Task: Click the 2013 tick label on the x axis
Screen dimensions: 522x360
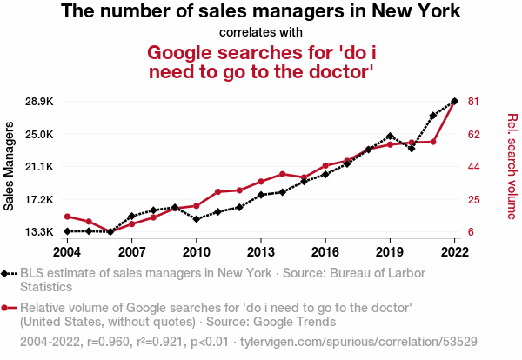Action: (x=261, y=252)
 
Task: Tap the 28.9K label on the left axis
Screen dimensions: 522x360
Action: (x=39, y=102)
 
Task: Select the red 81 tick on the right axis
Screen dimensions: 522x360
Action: (x=473, y=102)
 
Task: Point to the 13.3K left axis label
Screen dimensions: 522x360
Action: (x=39, y=232)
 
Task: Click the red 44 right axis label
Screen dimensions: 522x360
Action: (x=473, y=167)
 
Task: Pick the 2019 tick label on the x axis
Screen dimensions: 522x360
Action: (x=390, y=252)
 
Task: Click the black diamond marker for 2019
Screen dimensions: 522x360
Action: (x=390, y=136)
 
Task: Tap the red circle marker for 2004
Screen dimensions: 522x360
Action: (x=67, y=217)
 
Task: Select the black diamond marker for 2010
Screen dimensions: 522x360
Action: (x=197, y=219)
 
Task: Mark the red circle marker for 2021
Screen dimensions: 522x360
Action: (x=433, y=142)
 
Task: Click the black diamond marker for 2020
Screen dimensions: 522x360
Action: (x=412, y=149)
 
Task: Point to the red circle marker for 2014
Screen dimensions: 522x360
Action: (x=282, y=174)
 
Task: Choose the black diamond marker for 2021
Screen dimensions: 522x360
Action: (x=433, y=116)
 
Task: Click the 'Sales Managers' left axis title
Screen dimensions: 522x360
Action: (x=9, y=166)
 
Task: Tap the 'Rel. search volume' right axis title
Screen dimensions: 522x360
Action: (x=512, y=166)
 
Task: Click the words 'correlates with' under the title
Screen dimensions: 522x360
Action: (x=261, y=32)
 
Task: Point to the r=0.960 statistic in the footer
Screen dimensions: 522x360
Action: (x=108, y=342)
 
